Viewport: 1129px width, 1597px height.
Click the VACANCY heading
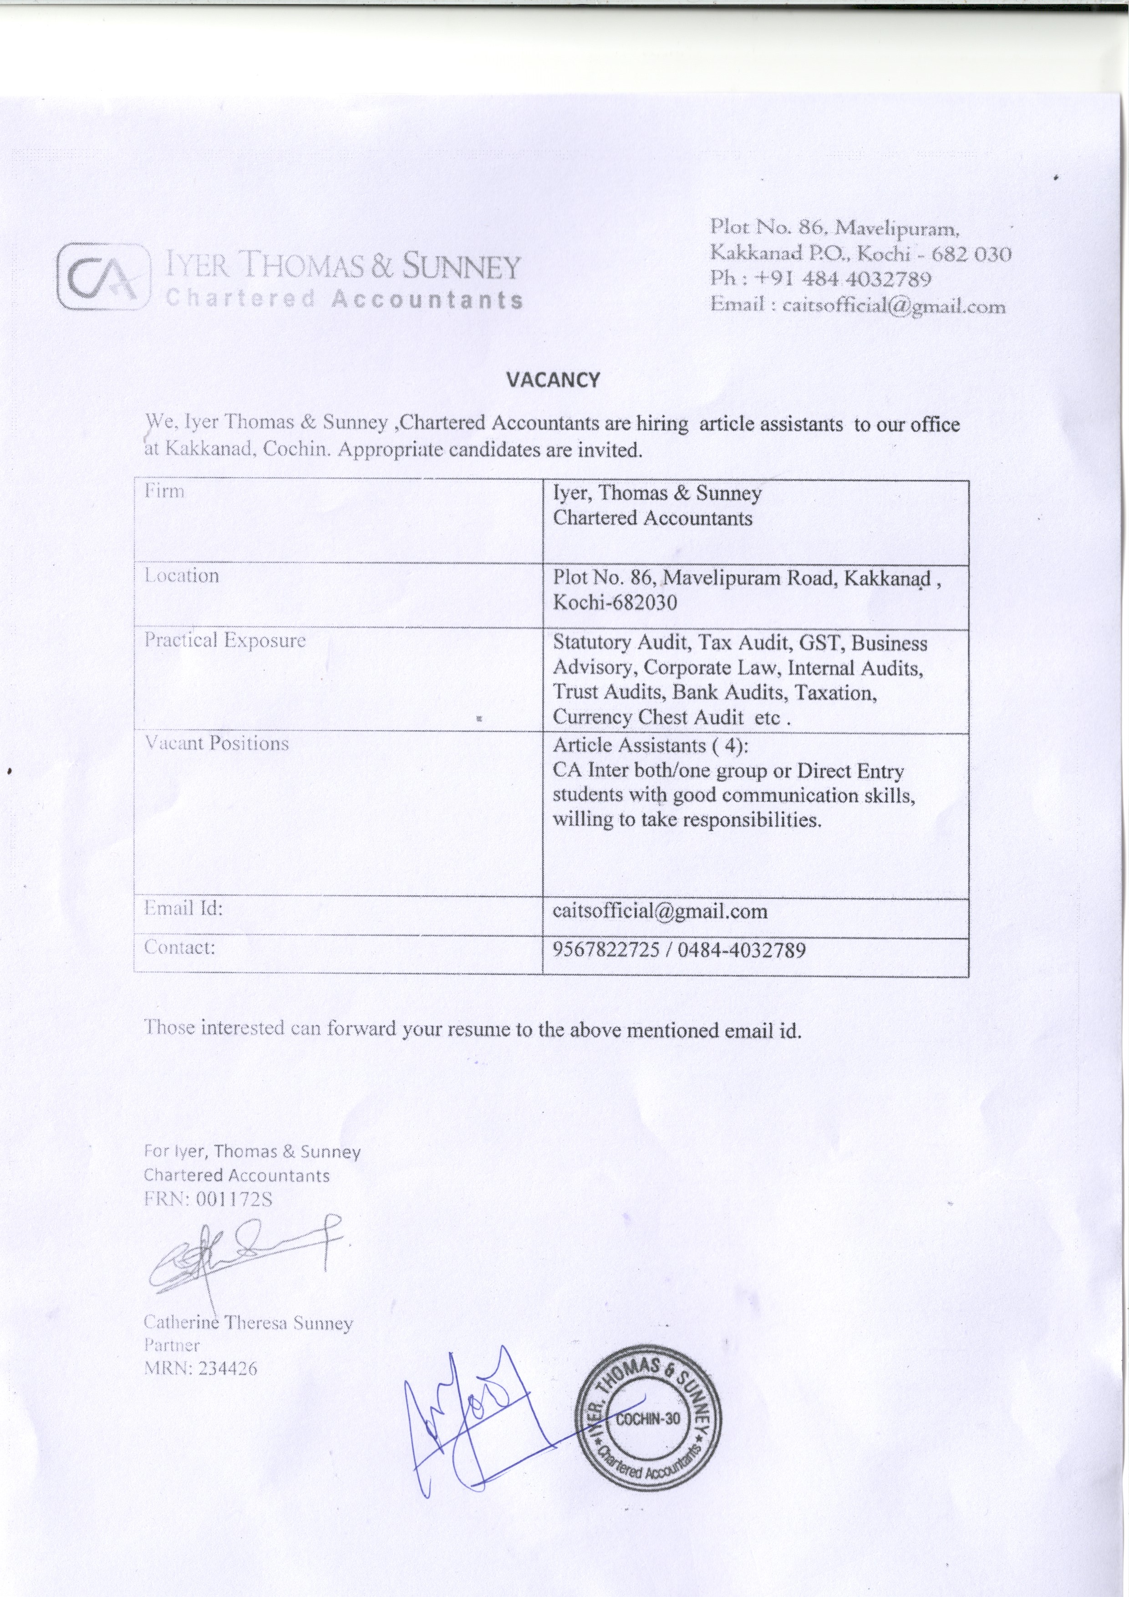point(552,380)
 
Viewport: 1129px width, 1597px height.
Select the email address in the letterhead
point(894,306)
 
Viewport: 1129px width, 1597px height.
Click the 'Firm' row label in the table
point(164,491)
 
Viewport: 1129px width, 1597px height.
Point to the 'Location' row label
point(182,576)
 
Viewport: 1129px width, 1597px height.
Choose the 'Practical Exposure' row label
point(225,640)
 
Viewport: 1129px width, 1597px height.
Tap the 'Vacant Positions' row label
point(216,743)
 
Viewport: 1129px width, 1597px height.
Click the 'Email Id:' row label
point(183,908)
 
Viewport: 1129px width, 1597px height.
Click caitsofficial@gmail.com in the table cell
point(660,911)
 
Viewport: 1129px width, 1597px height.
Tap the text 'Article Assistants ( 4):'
point(651,746)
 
